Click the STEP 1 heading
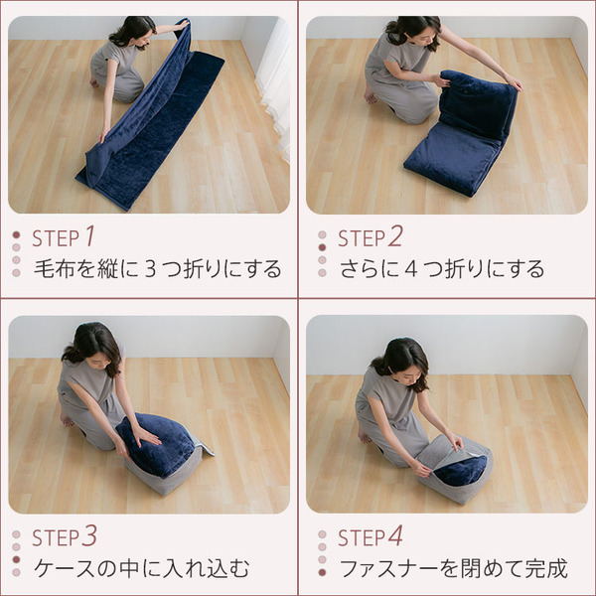pos(64,237)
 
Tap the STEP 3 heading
pos(64,537)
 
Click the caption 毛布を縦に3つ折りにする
pos(158,269)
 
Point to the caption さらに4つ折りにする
pos(442,269)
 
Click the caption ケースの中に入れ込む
pos(142,569)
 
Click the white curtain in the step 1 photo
pos(273,79)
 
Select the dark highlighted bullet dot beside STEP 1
pos(16,236)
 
